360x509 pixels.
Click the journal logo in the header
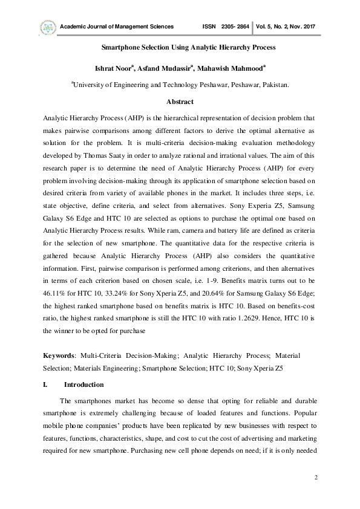(x=47, y=27)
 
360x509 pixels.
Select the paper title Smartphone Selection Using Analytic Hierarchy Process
(x=180, y=47)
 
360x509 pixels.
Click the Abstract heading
(x=180, y=102)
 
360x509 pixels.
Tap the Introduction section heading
(x=84, y=384)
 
